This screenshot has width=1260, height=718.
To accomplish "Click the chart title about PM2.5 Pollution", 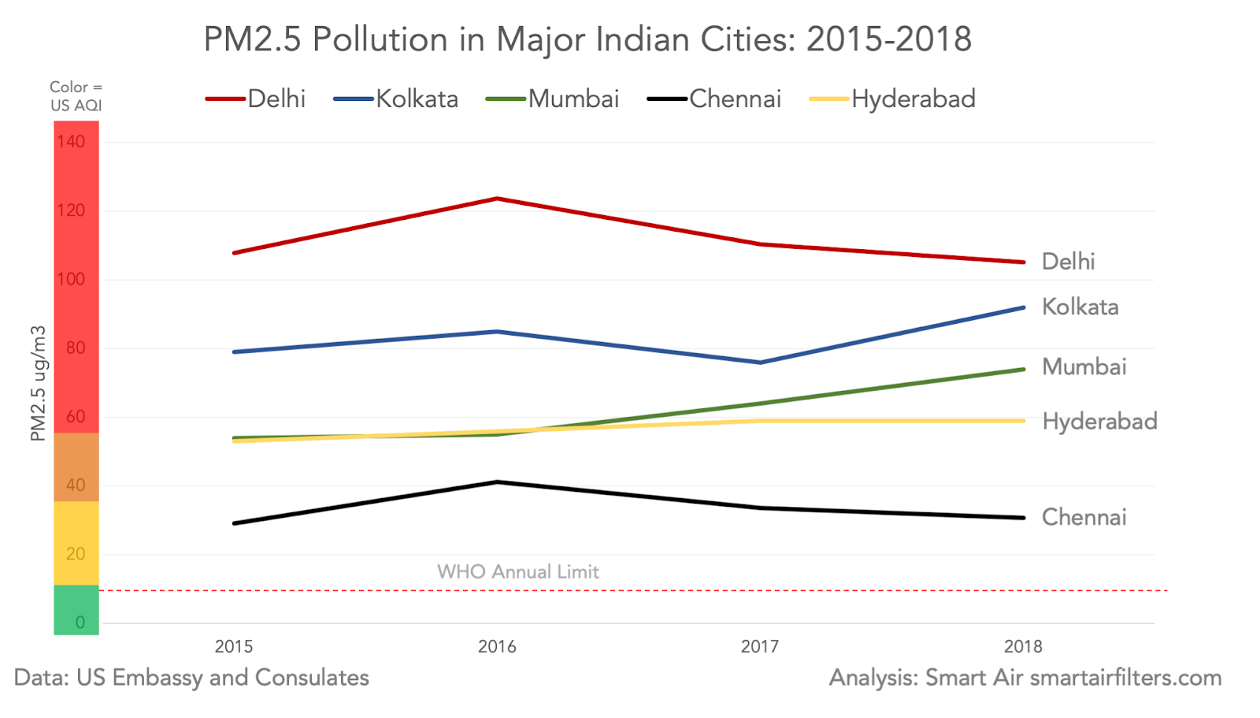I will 587,39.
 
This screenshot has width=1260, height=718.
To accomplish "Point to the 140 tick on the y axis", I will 71,142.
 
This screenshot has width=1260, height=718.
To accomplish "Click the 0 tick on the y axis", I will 80,623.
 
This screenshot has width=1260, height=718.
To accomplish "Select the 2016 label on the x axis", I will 497,647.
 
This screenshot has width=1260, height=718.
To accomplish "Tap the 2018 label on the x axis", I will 1023,647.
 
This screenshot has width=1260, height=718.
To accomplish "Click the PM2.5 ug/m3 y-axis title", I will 38,384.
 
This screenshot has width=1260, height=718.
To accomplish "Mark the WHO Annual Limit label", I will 518,571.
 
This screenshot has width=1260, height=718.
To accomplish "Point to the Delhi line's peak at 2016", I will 497,199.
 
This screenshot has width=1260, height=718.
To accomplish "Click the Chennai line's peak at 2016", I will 497,482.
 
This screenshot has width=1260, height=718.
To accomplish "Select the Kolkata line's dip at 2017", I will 760,363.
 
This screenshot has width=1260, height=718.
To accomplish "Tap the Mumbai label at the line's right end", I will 1084,367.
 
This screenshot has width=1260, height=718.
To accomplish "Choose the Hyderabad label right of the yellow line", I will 1099,422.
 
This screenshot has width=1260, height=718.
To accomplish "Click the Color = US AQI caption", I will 76,96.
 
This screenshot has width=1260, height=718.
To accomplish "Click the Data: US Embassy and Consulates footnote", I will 191,678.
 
